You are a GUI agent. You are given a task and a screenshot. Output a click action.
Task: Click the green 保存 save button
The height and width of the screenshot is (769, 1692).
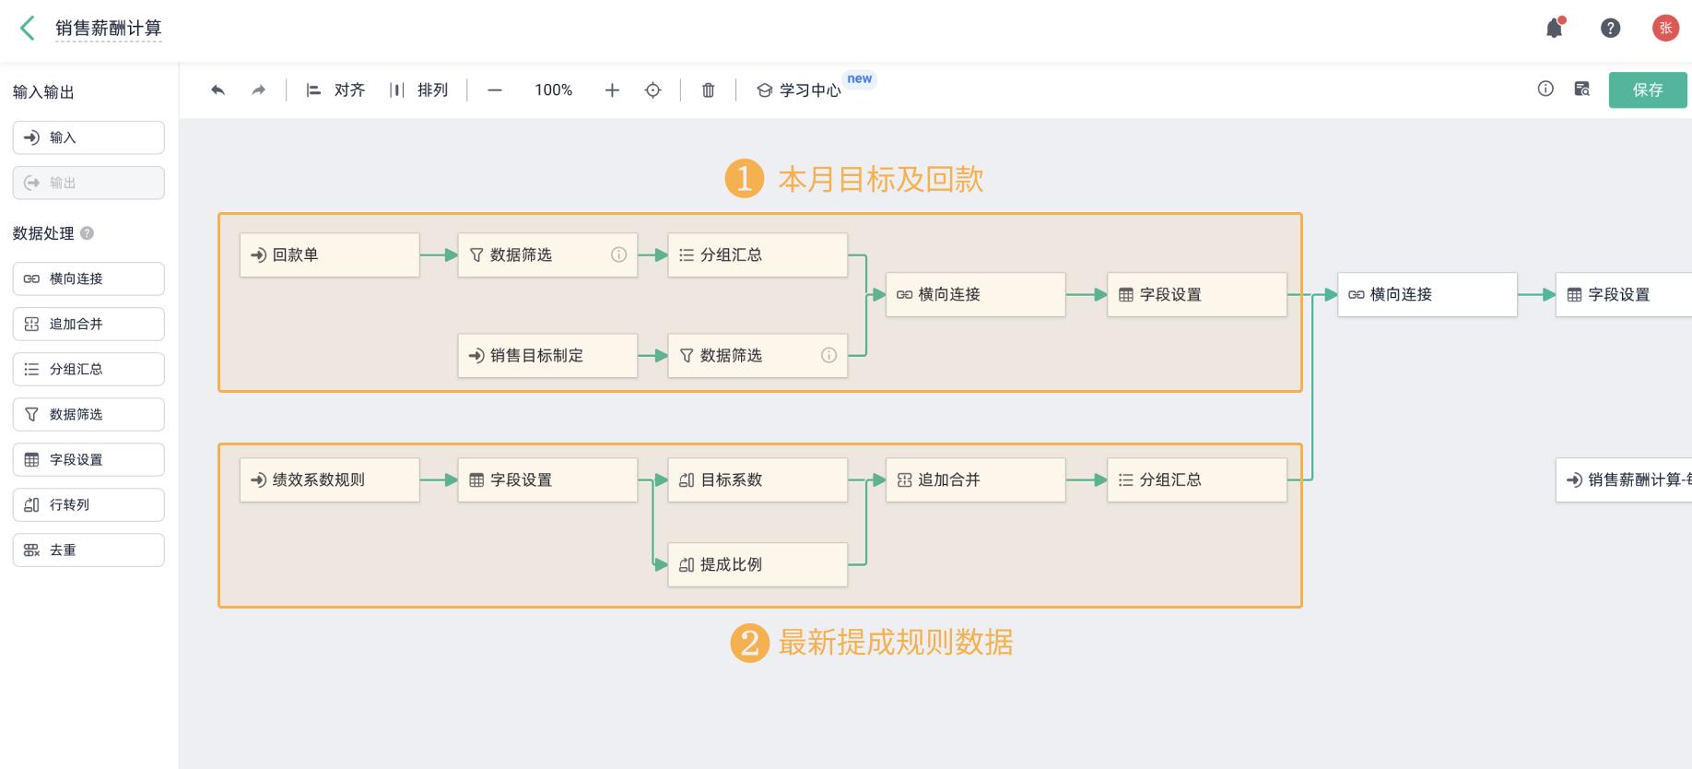click(x=1647, y=90)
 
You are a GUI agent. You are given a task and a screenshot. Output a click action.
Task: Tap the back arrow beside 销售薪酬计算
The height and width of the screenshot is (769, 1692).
click(x=28, y=29)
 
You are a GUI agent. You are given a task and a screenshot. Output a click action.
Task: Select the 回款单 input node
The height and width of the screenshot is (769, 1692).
click(x=329, y=255)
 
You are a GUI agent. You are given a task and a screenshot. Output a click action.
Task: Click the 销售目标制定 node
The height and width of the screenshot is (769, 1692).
click(x=547, y=356)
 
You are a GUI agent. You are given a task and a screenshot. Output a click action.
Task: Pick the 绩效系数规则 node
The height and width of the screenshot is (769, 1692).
click(x=329, y=480)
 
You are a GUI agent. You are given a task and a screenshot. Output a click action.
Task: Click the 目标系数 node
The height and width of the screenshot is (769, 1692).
click(x=757, y=480)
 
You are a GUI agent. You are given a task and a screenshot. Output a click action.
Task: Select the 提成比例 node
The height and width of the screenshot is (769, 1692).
click(x=757, y=565)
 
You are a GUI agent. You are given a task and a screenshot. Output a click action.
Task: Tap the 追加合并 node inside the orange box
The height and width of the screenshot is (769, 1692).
click(x=975, y=480)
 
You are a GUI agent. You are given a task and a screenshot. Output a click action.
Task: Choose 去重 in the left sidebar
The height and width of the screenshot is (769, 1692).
click(x=88, y=550)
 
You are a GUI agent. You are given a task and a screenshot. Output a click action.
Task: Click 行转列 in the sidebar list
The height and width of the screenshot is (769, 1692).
click(x=88, y=505)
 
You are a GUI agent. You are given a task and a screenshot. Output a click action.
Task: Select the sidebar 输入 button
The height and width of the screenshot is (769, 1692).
click(x=88, y=138)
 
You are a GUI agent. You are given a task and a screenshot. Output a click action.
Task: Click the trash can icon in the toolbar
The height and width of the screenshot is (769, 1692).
click(x=708, y=90)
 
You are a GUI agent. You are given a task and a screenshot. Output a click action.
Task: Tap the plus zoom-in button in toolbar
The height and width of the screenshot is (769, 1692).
click(x=612, y=90)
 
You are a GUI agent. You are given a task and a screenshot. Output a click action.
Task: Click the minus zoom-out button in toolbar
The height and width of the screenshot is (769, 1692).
click(x=495, y=90)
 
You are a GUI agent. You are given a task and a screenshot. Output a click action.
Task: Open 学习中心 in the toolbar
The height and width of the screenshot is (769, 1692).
click(x=800, y=90)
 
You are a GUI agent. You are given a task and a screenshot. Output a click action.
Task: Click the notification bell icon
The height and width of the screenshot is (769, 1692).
click(x=1555, y=29)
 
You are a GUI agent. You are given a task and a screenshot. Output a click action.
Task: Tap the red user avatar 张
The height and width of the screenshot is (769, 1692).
click(x=1665, y=29)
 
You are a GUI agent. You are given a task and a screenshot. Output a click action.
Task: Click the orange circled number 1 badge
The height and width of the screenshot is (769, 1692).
click(x=745, y=179)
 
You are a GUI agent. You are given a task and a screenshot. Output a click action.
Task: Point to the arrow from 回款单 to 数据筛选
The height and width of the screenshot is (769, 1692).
click(x=439, y=255)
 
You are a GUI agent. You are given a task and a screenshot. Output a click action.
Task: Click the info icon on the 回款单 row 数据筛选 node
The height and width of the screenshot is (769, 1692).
click(x=619, y=255)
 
